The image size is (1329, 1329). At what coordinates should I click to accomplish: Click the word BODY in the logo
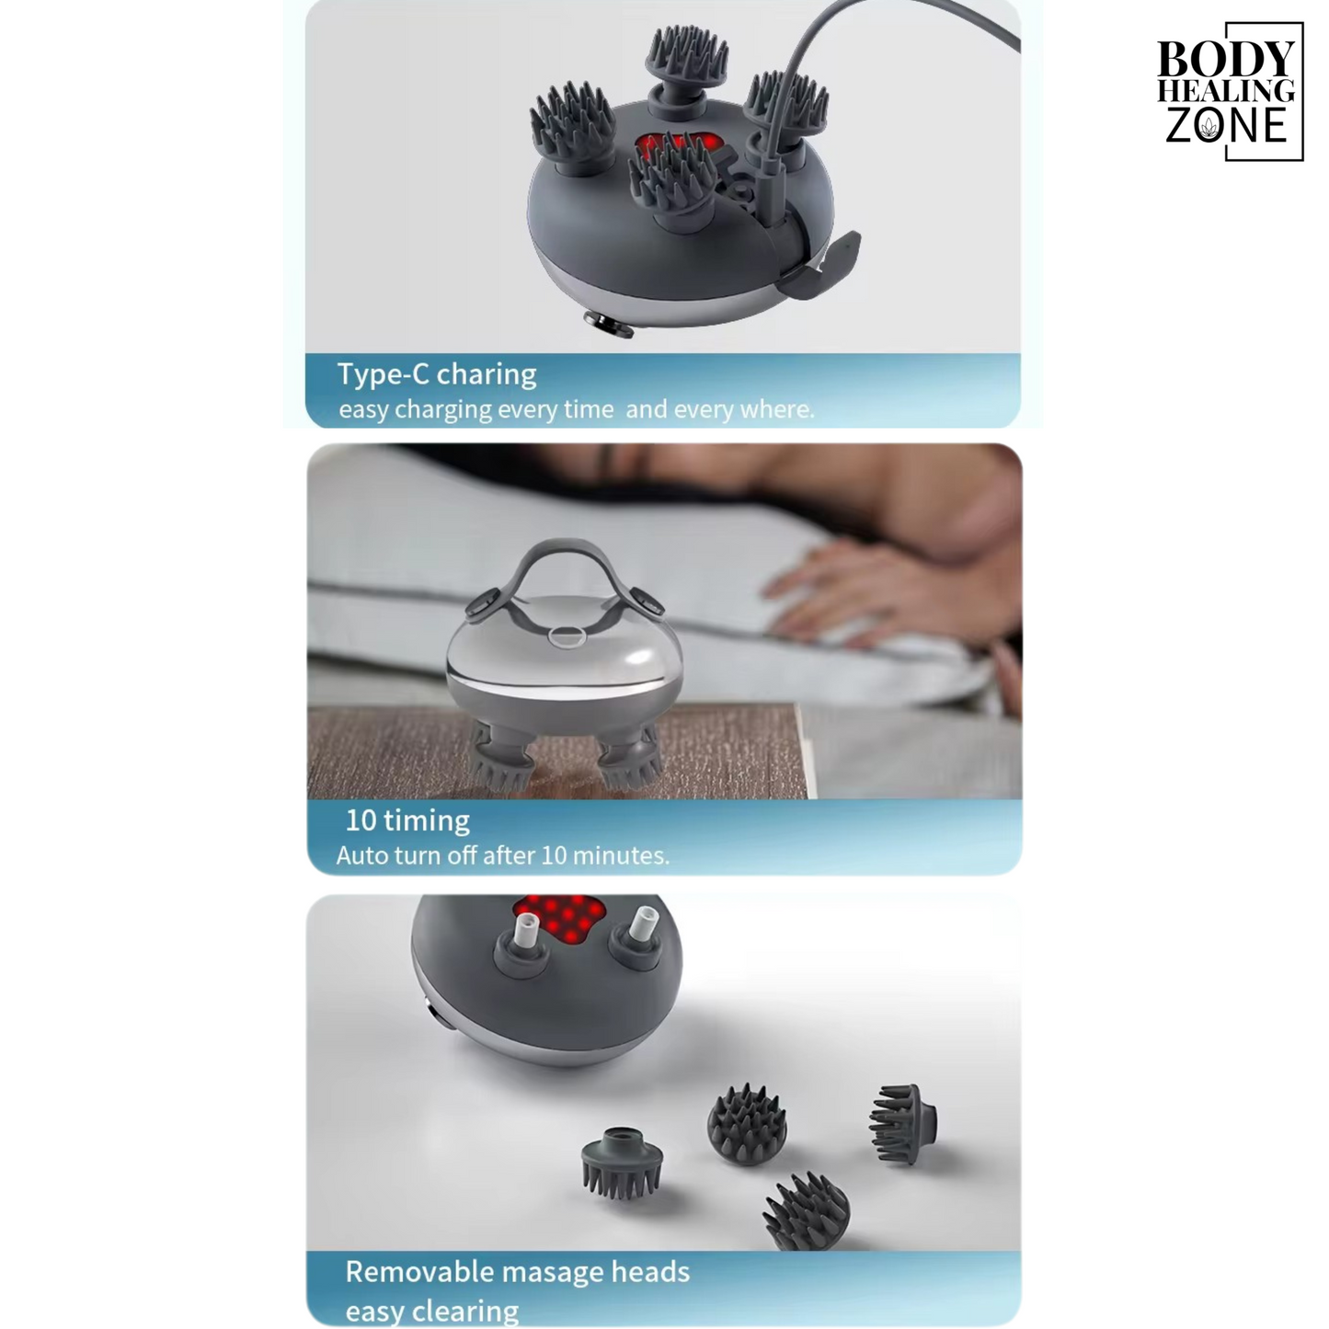point(1225,59)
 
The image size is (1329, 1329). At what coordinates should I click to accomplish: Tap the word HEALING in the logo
point(1226,91)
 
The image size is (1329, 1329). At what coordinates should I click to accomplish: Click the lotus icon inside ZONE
point(1208,127)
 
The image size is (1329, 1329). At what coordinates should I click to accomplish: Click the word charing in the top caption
point(487,374)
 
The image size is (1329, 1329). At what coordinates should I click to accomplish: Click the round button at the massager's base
point(608,324)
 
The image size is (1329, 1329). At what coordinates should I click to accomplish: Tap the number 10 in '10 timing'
point(361,820)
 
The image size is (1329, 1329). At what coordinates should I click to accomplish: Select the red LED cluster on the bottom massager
point(560,918)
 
